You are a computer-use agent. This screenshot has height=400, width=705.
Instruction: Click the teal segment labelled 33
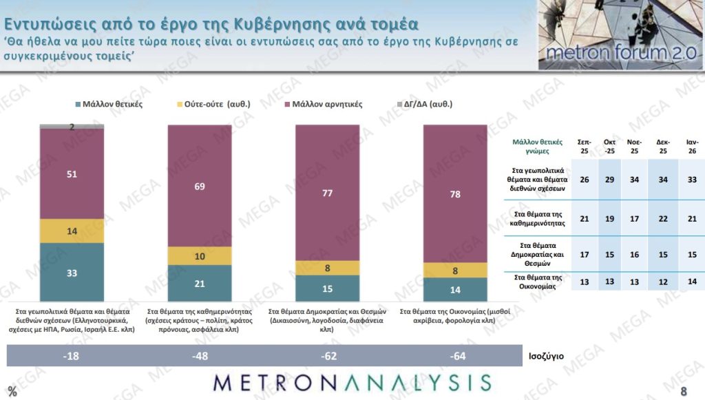[72, 271]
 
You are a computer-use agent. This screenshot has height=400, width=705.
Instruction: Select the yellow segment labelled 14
[72, 231]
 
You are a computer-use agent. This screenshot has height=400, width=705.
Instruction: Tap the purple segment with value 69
[200, 186]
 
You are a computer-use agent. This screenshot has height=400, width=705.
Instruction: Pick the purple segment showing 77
[328, 193]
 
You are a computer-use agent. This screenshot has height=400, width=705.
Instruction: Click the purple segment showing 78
[455, 194]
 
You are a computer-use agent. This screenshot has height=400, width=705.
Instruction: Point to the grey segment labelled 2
[72, 127]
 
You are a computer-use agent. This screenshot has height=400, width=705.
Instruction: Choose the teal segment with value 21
[200, 283]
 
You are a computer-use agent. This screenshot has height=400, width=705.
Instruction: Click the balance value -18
[72, 356]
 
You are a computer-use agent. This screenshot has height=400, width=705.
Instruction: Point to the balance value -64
[455, 356]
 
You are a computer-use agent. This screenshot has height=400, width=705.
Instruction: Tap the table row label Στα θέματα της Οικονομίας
[538, 281]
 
